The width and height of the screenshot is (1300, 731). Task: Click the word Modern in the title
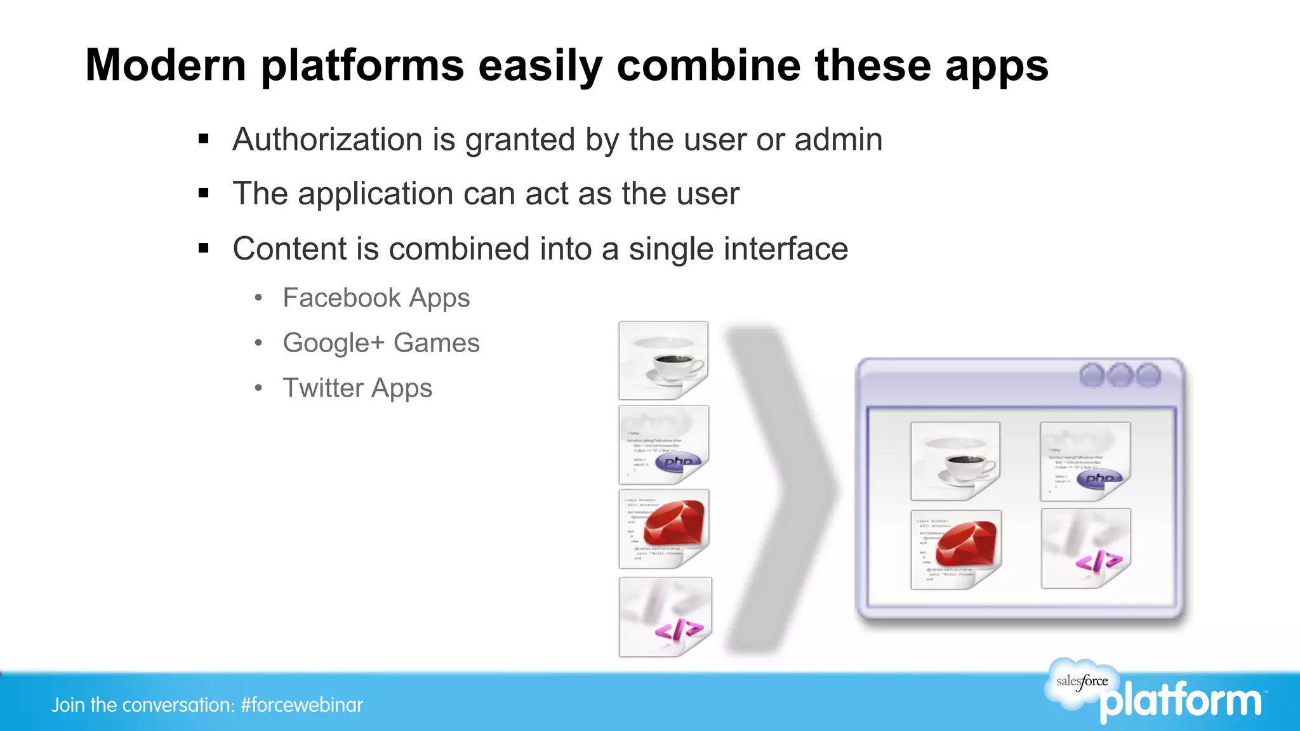166,65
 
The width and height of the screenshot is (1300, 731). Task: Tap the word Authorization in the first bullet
327,140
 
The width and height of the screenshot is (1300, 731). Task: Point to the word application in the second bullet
375,194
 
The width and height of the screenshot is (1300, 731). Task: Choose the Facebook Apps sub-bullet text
376,298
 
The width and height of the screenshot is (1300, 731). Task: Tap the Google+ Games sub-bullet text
381,343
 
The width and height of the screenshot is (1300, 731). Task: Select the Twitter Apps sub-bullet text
357,388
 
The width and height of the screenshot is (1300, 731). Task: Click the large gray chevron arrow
781,489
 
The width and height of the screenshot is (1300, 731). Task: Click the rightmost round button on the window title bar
1148,375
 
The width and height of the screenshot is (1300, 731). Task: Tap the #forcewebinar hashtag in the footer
302,705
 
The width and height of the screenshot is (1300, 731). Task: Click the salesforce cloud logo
1082,682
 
